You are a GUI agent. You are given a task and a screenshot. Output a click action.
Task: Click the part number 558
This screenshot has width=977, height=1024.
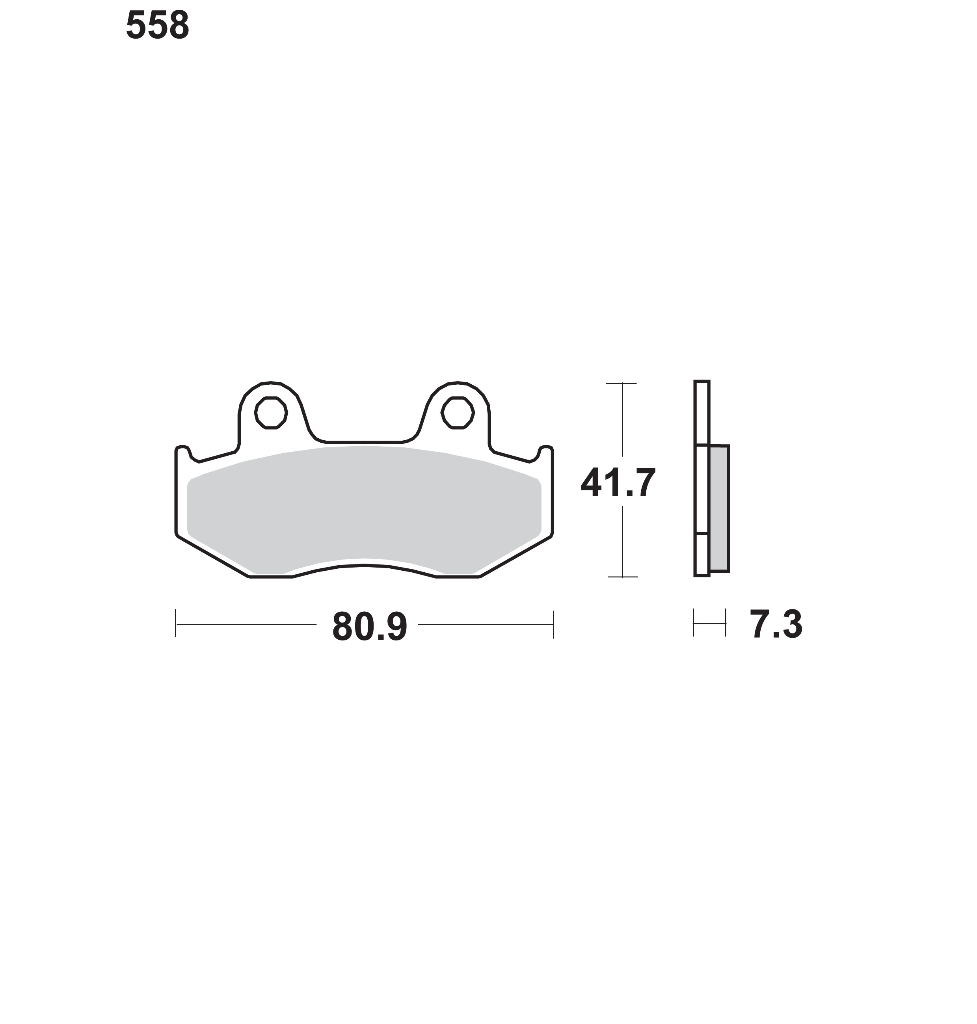[x=157, y=26]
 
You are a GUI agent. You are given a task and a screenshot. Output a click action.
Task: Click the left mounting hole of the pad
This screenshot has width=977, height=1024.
[x=271, y=413]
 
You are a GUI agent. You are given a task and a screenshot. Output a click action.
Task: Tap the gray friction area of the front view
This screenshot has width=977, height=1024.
[x=364, y=508]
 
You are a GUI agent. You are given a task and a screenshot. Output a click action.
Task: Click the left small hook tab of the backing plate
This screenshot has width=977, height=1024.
[x=183, y=452]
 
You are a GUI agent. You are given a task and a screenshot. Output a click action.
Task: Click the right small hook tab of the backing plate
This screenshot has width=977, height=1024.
[x=545, y=452]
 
